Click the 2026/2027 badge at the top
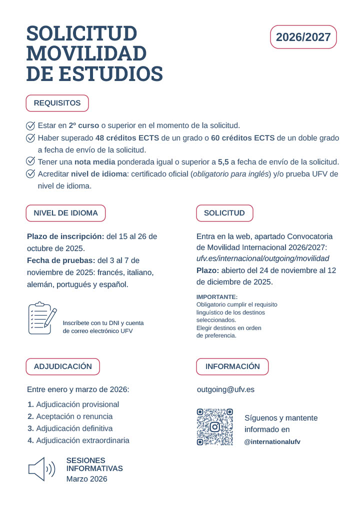pos(303,37)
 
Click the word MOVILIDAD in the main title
pos(86,53)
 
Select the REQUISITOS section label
pos(57,103)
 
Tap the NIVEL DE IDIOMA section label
pos(65,213)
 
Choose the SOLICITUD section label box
pos(224,213)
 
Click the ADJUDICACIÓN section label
pos(62,366)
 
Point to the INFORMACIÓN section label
pos(232,366)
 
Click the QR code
pos(215,427)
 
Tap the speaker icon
pos(41,469)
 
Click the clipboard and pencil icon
pos(42,318)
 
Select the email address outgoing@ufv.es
pos(225,389)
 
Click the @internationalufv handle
pos(272,442)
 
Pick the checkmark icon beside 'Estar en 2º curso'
pos(30,125)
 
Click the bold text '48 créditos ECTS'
pos(123,137)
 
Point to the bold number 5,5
pos(223,161)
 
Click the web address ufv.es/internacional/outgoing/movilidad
pos(263,258)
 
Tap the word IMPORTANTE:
pos(217,297)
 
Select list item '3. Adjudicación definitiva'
pos(70,428)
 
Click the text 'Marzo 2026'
pos(86,478)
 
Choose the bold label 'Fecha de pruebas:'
pos(61,260)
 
